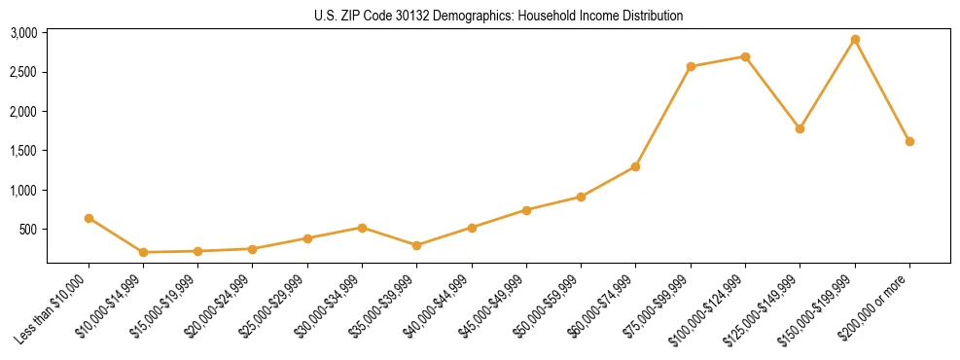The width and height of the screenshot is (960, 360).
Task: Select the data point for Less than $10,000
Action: point(89,218)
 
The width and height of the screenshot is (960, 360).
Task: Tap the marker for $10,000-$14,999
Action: point(143,252)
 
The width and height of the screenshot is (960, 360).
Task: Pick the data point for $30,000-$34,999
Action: point(362,228)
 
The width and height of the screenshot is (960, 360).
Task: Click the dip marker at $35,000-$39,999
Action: point(416,245)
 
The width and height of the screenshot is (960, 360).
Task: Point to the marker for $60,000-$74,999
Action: point(635,166)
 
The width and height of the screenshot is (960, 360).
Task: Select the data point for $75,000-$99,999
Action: point(691,66)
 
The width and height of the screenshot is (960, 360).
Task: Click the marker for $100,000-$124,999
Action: point(745,56)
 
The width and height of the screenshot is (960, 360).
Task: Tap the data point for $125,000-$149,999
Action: point(800,128)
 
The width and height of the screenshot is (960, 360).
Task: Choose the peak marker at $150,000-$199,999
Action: point(855,39)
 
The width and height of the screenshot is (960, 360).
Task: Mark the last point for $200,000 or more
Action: point(909,141)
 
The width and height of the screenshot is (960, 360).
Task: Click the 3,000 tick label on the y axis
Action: point(23,33)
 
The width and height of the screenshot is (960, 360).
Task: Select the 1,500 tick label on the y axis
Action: point(23,151)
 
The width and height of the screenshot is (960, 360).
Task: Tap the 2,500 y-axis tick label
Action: point(23,72)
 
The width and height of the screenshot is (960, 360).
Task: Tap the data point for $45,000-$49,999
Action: point(526,210)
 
